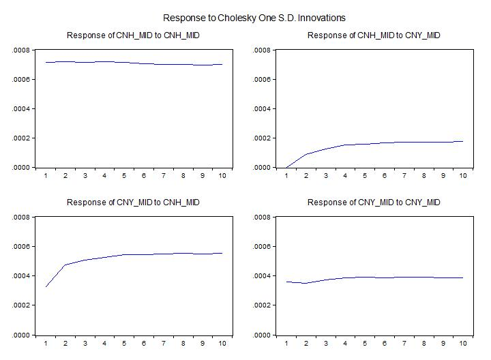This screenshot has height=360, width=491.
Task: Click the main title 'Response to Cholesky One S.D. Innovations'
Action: pos(254,18)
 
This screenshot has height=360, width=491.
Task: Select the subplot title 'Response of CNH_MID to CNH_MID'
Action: pos(133,35)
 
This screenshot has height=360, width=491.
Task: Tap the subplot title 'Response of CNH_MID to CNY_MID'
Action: pos(374,35)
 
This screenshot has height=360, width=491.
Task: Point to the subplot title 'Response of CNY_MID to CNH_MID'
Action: pos(133,202)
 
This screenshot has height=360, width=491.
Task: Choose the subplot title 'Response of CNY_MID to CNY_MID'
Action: pos(374,202)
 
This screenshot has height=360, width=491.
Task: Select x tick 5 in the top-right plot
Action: pos(365,176)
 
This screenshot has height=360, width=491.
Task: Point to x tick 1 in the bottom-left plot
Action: pos(46,344)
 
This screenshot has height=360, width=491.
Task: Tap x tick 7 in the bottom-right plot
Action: pos(404,344)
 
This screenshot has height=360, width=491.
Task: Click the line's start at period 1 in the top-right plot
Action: pos(286,167)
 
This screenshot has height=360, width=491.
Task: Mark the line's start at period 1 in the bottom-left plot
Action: pos(46,287)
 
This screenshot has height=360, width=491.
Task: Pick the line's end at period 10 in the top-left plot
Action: pos(222,65)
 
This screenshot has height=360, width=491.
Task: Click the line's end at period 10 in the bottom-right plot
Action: pos(463,277)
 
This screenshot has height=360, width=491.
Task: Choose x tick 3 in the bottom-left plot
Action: pos(85,344)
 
